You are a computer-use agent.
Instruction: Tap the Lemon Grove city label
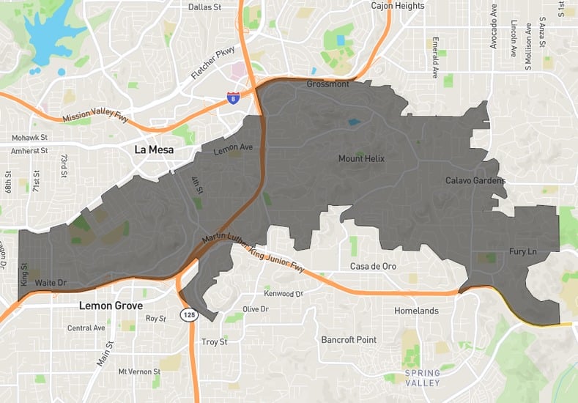pyautogui.click(x=110, y=305)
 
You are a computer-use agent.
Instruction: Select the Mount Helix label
pyautogui.click(x=361, y=159)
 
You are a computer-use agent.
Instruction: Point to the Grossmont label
pyautogui.click(x=327, y=85)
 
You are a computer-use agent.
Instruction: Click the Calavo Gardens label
pyautogui.click(x=475, y=180)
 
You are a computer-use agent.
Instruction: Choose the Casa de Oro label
pyautogui.click(x=373, y=266)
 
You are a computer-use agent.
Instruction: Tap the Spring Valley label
pyautogui.click(x=423, y=378)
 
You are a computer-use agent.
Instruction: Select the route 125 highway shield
pyautogui.click(x=188, y=314)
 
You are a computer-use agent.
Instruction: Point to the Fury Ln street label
pyautogui.click(x=523, y=252)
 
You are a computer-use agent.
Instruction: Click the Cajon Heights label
pyautogui.click(x=398, y=6)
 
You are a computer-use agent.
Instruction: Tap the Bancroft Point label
pyautogui.click(x=349, y=340)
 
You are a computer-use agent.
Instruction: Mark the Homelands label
pyautogui.click(x=416, y=311)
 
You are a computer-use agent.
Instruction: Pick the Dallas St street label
pyautogui.click(x=184, y=7)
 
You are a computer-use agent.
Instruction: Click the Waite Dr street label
pyautogui.click(x=51, y=282)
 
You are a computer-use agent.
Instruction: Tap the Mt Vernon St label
pyautogui.click(x=139, y=372)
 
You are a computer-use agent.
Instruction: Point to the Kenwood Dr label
pyautogui.click(x=284, y=294)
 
